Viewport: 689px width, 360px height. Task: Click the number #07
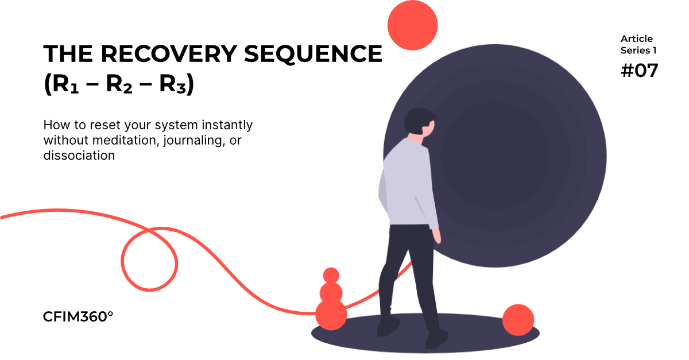[639, 71]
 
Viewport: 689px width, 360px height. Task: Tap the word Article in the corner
[637, 39]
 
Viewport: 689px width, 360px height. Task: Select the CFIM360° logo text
[78, 316]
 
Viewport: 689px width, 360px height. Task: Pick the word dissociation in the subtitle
[79, 155]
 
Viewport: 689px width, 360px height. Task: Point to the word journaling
[190, 141]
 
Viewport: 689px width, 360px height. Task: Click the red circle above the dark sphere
[412, 25]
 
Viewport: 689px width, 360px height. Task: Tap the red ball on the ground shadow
[518, 320]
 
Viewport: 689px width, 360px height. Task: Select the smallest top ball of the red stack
[331, 275]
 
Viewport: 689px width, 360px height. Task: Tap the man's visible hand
[438, 236]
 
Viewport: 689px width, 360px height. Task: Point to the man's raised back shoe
[389, 327]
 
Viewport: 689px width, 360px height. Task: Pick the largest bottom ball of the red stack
[331, 315]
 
